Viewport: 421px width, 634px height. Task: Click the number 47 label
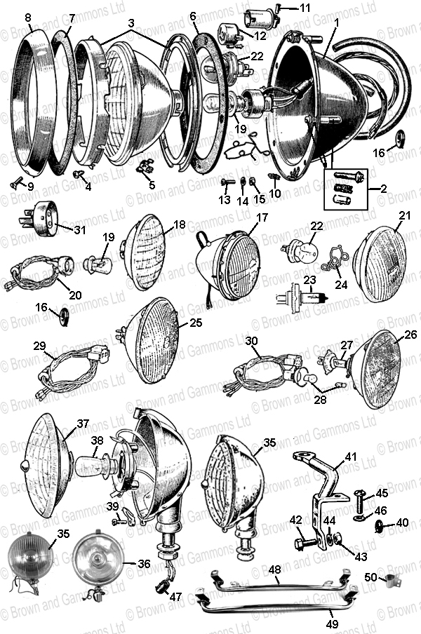coord(175,598)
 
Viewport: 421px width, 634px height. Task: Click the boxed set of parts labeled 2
coord(345,189)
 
